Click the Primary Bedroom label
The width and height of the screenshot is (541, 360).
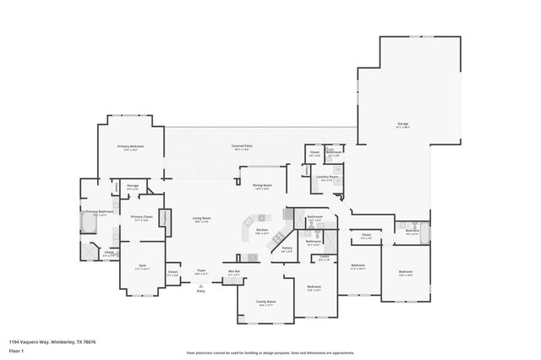(131, 147)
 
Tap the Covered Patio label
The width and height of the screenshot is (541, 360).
(243, 147)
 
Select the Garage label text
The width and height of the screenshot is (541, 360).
(403, 124)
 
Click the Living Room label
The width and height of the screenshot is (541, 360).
(201, 219)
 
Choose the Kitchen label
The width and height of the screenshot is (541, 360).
(262, 230)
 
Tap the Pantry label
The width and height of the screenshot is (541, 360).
(287, 248)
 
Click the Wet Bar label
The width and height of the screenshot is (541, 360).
(234, 272)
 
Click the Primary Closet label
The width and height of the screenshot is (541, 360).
(140, 218)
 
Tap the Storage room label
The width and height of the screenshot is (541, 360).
(133, 186)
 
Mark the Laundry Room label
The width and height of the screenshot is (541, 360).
(327, 177)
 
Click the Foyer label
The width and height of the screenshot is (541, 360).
(201, 272)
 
